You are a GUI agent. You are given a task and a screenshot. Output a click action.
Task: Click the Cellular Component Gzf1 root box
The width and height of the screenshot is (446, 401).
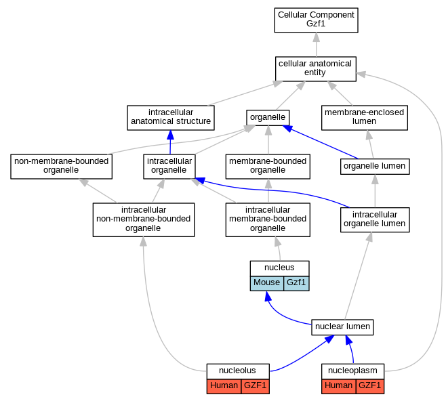316,20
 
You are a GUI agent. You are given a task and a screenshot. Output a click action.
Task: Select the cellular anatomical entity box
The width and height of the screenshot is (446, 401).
316,69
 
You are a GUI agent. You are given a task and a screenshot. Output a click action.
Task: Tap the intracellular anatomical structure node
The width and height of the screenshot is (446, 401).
171,118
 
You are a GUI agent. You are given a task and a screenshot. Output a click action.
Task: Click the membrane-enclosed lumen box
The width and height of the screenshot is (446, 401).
365,118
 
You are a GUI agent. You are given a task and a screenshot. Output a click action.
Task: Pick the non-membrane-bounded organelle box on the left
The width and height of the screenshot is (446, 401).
62,167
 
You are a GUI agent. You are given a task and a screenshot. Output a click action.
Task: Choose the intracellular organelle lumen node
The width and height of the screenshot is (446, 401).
375,219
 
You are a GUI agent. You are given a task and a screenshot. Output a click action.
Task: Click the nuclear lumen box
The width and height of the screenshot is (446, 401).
342,327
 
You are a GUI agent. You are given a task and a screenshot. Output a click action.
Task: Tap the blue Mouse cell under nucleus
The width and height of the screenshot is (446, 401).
267,283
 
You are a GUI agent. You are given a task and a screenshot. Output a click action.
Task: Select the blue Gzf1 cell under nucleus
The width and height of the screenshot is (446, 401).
296,283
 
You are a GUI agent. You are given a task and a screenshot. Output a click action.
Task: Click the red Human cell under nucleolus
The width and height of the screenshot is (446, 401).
224,386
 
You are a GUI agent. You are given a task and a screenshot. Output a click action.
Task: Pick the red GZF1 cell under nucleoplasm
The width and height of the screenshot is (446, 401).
370,386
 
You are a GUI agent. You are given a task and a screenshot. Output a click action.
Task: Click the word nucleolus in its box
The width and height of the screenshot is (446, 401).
237,371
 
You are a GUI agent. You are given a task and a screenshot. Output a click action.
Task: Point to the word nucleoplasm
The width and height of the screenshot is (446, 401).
352,371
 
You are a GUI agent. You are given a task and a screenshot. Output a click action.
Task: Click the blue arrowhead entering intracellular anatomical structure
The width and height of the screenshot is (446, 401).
170,135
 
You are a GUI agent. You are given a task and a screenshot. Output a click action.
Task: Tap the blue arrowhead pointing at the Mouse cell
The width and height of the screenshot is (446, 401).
268,296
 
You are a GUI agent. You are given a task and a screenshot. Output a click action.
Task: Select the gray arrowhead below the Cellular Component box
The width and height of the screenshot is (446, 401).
316,37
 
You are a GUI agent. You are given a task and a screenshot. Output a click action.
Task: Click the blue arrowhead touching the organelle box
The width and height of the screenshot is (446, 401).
287,128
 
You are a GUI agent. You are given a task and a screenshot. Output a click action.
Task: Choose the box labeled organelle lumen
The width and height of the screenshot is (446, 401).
375,167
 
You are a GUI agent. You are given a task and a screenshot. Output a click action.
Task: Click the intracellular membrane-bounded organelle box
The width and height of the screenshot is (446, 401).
268,219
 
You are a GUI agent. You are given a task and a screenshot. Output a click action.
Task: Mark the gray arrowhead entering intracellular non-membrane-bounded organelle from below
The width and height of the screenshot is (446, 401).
144,242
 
